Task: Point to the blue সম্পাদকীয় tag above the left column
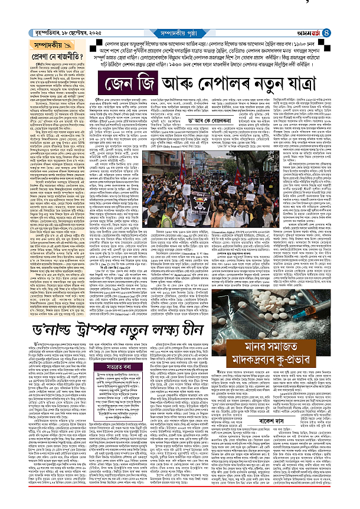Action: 25,45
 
